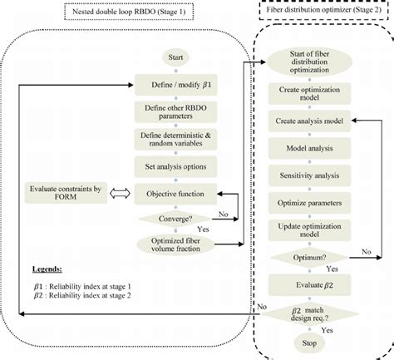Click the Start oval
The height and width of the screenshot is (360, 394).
(175, 57)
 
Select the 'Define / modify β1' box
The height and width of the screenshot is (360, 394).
(175, 85)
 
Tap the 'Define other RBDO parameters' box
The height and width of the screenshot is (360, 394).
(175, 112)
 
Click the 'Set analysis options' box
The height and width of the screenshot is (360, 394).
(175, 166)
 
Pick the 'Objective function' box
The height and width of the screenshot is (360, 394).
(175, 194)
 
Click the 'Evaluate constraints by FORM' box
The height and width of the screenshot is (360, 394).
(66, 193)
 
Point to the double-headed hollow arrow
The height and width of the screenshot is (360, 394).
(120, 194)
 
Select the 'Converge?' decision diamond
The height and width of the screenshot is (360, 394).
(175, 219)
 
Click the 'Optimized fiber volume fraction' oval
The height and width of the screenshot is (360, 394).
(175, 244)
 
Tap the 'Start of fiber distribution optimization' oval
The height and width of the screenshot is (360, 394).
(309, 62)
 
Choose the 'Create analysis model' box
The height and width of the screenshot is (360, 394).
(309, 121)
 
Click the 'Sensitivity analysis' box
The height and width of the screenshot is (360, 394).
(309, 175)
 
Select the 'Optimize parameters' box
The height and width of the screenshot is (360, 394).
(309, 203)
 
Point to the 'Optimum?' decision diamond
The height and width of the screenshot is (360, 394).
(309, 258)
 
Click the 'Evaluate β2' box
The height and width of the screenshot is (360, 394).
(309, 285)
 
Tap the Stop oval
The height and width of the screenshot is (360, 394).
(309, 343)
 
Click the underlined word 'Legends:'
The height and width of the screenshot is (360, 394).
(47, 269)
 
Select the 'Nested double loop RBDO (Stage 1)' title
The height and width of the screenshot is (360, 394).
(129, 12)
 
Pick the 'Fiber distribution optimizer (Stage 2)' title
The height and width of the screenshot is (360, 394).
(324, 10)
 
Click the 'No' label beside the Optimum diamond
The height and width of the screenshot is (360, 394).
(367, 252)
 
